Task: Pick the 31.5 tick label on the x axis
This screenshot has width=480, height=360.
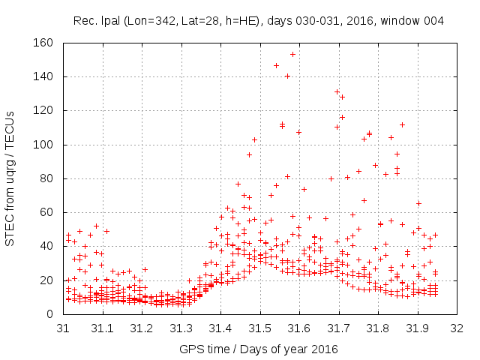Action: (259, 328)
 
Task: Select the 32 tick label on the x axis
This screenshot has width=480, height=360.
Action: (455, 328)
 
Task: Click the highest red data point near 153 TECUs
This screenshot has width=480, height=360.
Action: (292, 54)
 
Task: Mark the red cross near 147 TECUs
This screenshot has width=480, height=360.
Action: (276, 65)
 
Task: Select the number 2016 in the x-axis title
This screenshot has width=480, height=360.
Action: (324, 349)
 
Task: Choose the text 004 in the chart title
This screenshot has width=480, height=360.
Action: (433, 20)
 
